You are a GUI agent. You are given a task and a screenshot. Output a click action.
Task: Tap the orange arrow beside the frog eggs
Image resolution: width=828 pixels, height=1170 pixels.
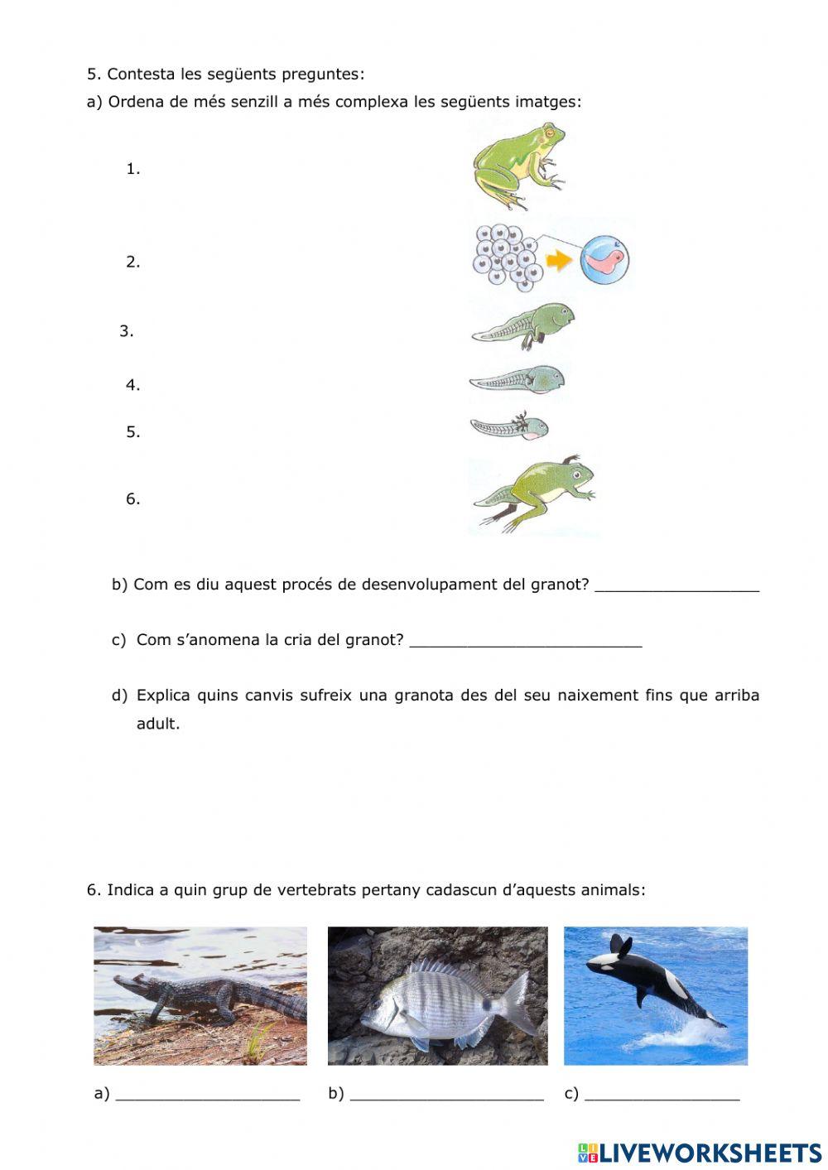click(561, 261)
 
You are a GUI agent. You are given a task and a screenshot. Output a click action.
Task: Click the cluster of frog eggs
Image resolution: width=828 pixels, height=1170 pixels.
click(506, 258)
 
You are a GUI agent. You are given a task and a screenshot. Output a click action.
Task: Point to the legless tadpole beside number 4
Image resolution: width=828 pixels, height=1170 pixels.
click(518, 381)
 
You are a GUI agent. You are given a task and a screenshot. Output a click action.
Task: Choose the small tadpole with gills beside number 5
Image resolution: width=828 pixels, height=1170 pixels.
click(509, 427)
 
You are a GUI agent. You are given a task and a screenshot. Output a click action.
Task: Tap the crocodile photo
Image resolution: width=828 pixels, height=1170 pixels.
click(200, 995)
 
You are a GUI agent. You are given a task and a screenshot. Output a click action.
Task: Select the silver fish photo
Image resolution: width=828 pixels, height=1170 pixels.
click(437, 995)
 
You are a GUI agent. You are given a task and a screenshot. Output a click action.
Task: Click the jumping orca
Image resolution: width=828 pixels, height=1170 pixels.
click(654, 985)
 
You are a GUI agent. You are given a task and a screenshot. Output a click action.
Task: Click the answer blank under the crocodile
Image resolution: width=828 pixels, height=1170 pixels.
click(208, 1093)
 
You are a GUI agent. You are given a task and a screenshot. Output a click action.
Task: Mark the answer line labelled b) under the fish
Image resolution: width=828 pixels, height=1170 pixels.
click(446, 1093)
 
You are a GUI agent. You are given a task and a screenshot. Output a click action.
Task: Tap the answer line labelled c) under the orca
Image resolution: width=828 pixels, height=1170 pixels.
click(662, 1093)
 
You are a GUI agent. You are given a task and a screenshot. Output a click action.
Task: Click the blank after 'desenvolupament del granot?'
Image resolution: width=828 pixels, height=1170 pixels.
click(676, 585)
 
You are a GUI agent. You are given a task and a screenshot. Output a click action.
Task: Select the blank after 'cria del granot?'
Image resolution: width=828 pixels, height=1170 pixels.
click(526, 640)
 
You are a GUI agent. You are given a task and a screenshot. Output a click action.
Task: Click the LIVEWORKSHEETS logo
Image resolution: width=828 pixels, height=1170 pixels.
click(700, 1152)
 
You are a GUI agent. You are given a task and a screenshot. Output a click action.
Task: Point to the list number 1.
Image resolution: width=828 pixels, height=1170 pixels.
click(132, 169)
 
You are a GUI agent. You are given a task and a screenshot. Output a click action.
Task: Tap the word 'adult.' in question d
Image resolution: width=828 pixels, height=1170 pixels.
click(157, 724)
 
